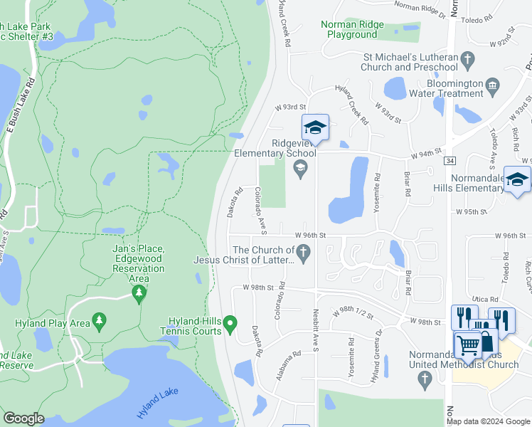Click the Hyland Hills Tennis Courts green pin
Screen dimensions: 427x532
230,325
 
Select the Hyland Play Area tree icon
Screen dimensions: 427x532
99,322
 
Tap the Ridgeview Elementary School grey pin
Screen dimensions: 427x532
300,168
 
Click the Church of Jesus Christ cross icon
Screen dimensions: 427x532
304,253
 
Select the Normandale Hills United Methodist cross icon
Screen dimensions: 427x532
426,379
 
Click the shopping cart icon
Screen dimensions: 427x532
468,347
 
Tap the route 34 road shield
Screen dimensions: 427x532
449,162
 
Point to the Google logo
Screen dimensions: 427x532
24,418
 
